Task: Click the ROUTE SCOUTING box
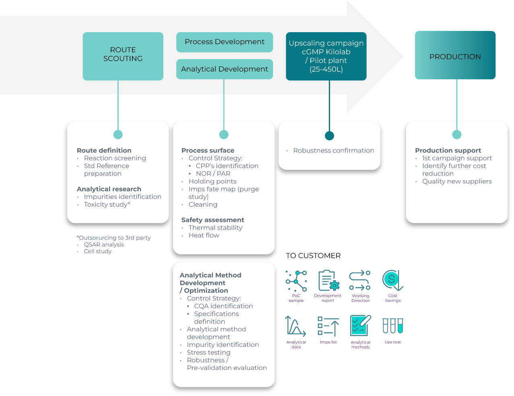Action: (123, 56)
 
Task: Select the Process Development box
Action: (224, 42)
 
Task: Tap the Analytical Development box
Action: (224, 69)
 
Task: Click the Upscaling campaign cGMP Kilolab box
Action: (326, 56)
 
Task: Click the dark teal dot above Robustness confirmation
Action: (329, 135)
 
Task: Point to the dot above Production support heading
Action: (456, 135)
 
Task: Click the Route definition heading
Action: (104, 150)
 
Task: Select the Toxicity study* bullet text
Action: (107, 205)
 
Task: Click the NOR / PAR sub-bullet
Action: (213, 174)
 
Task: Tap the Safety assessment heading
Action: (213, 220)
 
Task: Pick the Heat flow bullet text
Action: (204, 236)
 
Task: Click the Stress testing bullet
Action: (208, 353)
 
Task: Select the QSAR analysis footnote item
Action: (103, 244)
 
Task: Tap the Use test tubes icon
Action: (392, 326)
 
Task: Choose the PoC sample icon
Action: (296, 281)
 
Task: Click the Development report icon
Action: (328, 280)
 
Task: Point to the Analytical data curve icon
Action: (295, 326)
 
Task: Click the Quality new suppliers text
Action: (457, 182)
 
